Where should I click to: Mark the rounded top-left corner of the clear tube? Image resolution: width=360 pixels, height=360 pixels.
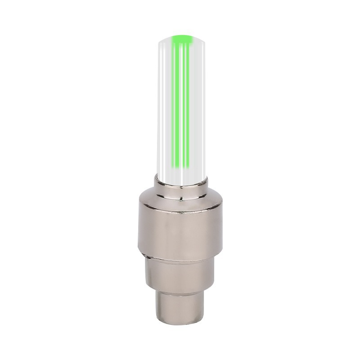pos(161,41)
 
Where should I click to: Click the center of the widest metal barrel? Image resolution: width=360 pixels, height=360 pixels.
pos(180,229)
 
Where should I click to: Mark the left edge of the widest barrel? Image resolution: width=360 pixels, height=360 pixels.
pos(139,229)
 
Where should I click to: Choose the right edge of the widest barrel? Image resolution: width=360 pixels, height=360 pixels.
pos(221,229)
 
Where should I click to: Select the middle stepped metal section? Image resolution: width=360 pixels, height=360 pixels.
pos(180,274)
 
